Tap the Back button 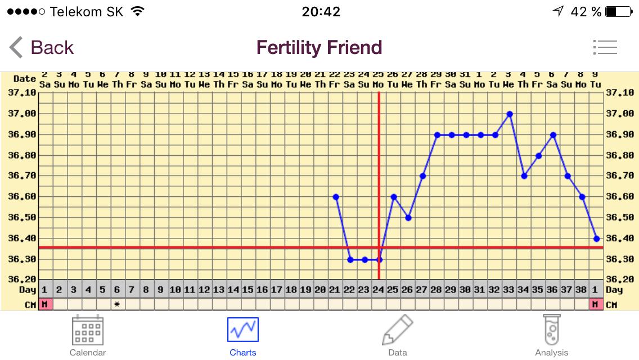(x=42, y=48)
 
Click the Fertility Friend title (x=319, y=48)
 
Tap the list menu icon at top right (x=605, y=48)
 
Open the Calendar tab (x=88, y=336)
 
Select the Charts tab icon (x=243, y=330)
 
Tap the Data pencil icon (x=398, y=330)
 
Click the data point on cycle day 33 (x=510, y=114)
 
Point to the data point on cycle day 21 (x=336, y=197)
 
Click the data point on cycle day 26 (x=408, y=218)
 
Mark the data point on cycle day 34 (x=524, y=176)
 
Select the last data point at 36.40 (x=596, y=238)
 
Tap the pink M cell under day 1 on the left (x=45, y=304)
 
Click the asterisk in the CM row (x=117, y=304)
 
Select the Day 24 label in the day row (x=379, y=290)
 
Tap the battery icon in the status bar (x=619, y=11)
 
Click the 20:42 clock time (x=321, y=11)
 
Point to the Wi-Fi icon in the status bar (x=137, y=11)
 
